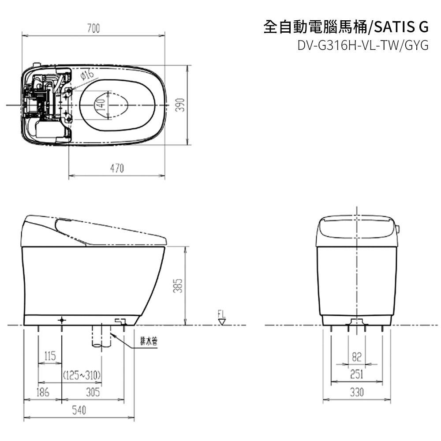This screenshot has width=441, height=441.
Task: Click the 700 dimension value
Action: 93,28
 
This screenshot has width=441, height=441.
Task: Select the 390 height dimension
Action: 180,105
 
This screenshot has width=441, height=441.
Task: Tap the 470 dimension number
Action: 117,168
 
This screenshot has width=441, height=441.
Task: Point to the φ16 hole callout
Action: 87,75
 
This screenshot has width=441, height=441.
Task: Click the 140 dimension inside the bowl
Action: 101,105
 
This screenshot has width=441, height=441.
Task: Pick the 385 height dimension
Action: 178,286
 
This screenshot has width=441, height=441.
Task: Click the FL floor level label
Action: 222,314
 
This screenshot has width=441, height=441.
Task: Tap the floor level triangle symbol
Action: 222,322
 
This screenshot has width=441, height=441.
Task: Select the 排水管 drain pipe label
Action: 149,342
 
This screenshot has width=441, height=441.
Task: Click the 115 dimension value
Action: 50,356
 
